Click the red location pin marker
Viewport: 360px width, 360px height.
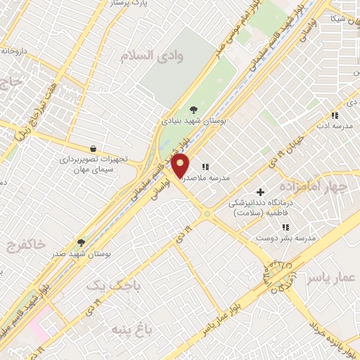181,166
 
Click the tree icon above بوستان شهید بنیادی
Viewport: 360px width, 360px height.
194,109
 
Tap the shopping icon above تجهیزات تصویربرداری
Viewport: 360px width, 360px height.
93,148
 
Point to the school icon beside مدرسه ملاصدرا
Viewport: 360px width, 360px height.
205,167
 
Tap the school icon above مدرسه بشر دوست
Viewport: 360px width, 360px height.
285,226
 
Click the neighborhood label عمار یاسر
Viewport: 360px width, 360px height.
328,280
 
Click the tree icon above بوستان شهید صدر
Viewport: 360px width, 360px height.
81,242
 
